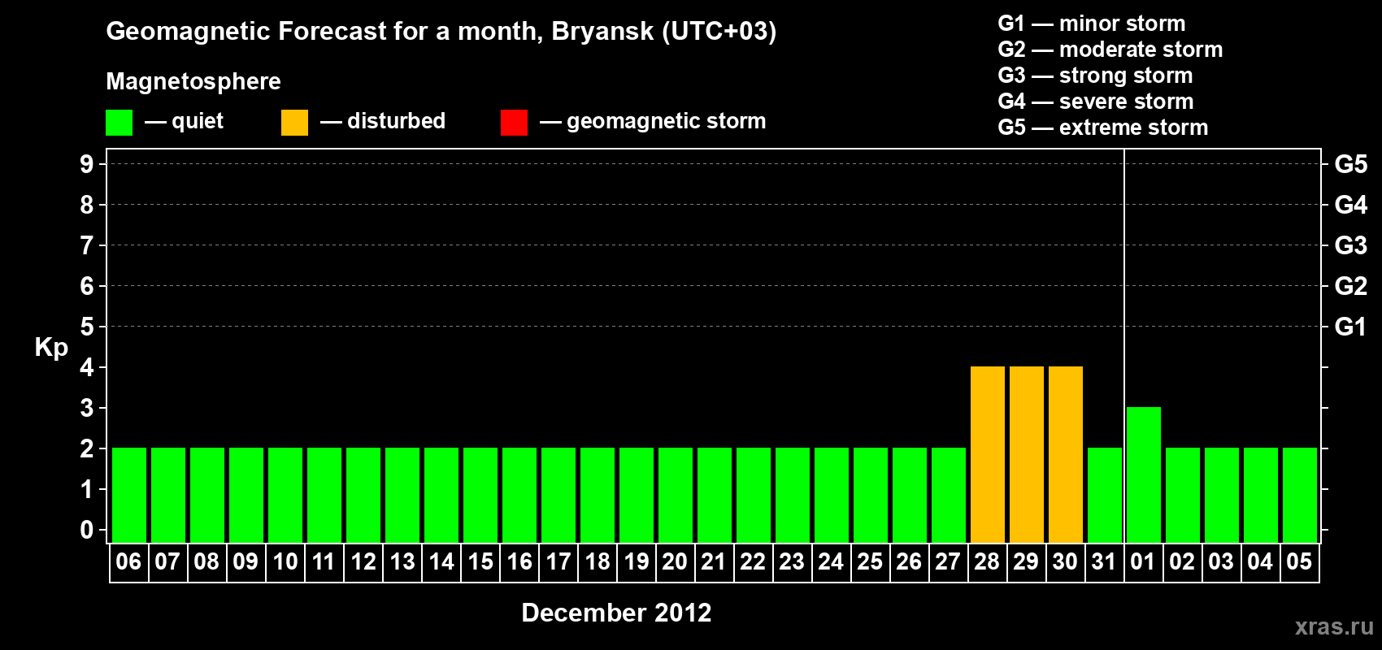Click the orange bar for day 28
[987, 454]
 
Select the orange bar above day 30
[1066, 454]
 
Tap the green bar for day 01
[1143, 474]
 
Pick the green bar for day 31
[1104, 495]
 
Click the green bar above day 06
[129, 495]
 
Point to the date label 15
[480, 561]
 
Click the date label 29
[1026, 561]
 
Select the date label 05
[1299, 561]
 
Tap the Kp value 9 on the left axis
[86, 164]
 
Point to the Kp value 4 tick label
[86, 367]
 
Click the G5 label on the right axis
[1350, 164]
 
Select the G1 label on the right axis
[1350, 327]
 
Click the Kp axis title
[51, 347]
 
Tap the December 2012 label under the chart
[616, 613]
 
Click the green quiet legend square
[119, 122]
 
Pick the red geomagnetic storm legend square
[514, 122]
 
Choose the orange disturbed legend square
[294, 122]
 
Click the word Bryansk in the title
[602, 32]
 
